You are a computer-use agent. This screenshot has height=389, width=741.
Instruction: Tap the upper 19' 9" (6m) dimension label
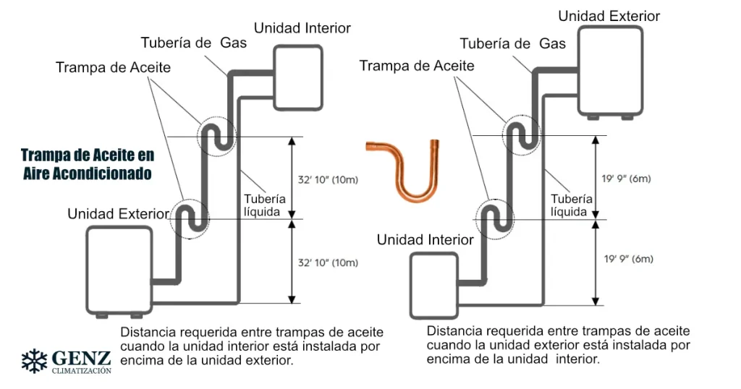(626, 179)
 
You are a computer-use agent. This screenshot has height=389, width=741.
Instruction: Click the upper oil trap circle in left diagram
(215, 135)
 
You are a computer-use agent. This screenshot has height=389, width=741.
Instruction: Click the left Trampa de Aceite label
(114, 67)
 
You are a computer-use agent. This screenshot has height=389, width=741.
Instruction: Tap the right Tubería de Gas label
(513, 43)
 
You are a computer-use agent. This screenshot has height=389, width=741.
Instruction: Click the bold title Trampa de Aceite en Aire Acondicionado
(87, 165)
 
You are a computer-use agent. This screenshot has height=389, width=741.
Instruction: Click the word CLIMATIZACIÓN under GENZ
(82, 370)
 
